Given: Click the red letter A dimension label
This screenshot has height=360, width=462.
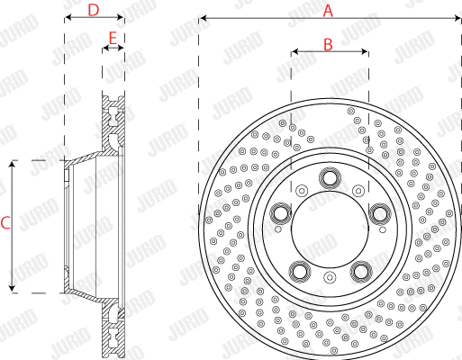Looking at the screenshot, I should (x=329, y=10).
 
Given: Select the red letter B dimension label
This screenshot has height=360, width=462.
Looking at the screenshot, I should (x=329, y=43).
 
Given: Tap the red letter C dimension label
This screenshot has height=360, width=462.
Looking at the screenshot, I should (x=5, y=223).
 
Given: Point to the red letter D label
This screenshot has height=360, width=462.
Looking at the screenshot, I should (x=94, y=10).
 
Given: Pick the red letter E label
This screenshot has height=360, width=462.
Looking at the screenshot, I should (x=113, y=38).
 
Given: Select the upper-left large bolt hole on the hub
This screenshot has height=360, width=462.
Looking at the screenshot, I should (x=280, y=213).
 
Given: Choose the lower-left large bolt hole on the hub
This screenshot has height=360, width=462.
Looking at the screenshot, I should (x=298, y=270).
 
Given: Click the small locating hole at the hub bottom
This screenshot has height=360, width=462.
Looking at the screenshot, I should (x=329, y=281).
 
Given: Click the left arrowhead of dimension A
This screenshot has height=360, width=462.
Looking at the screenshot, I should (x=203, y=18).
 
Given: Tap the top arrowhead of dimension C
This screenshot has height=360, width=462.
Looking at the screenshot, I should (x=13, y=164).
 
